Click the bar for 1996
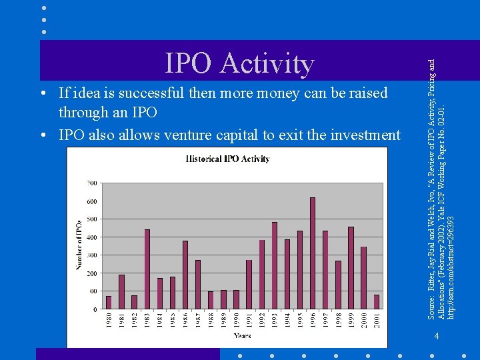coord(313,253)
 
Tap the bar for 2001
coord(376,302)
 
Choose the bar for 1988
coord(211,300)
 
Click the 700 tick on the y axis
coord(91,183)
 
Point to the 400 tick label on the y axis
coord(91,237)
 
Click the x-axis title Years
coord(242,336)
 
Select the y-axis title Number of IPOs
coord(79,245)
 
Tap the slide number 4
coord(437,335)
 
